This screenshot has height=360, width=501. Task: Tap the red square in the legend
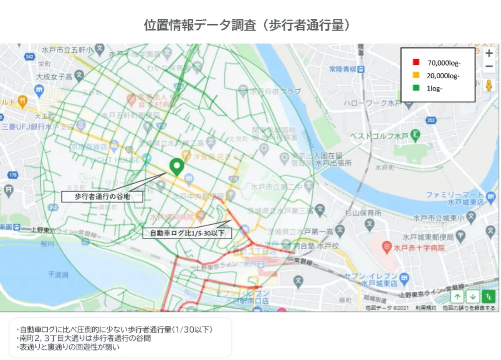click(x=415, y=63)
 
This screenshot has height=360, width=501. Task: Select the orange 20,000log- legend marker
click(x=415, y=76)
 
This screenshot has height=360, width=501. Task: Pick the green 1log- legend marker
click(x=415, y=89)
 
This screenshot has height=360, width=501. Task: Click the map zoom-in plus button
click(x=489, y=53)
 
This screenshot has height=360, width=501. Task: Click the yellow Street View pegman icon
click(x=489, y=85)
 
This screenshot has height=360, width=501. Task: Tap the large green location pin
click(x=177, y=167)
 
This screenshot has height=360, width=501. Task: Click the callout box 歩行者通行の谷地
click(x=102, y=197)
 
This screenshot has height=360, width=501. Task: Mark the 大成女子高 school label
click(x=54, y=77)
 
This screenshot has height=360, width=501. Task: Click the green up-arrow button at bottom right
click(x=458, y=297)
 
